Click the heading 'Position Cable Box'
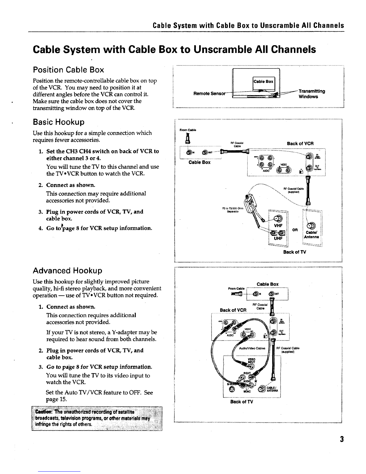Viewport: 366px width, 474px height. [68, 70]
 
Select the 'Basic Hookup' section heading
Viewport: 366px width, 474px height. [58, 122]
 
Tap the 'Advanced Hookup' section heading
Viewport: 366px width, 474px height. [67, 271]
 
